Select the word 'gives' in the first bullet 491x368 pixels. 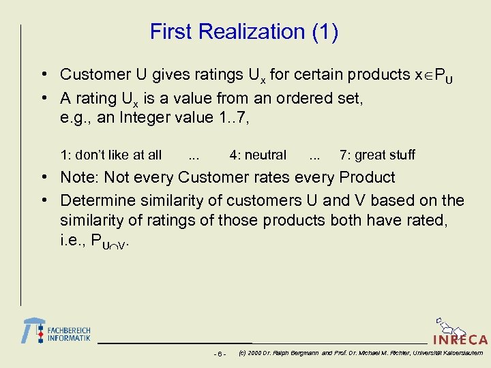click(x=183, y=74)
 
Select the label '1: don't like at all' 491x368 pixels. click(x=110, y=155)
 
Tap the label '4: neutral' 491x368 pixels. click(x=258, y=155)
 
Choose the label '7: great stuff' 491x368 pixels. click(x=377, y=155)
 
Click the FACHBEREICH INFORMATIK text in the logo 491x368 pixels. click(x=68, y=334)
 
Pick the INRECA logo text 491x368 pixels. click(x=460, y=339)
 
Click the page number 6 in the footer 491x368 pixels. click(x=220, y=354)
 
